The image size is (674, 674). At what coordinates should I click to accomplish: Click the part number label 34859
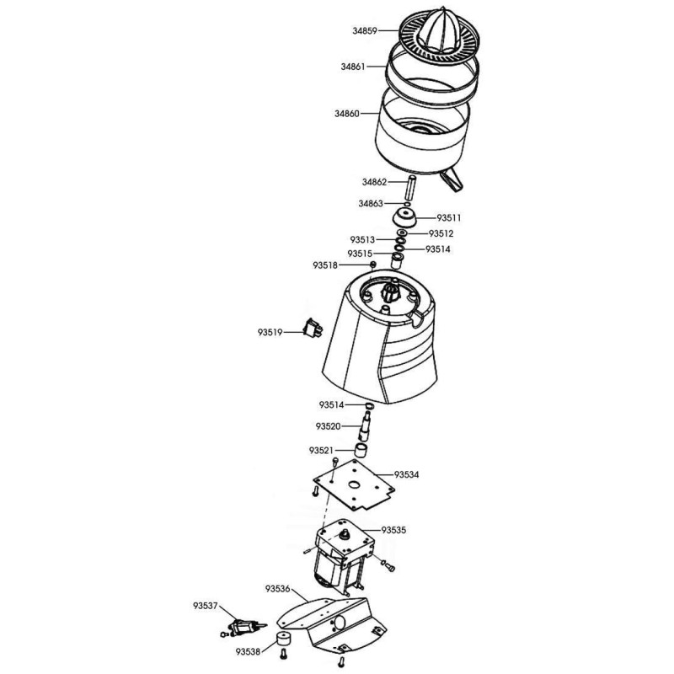point(365,31)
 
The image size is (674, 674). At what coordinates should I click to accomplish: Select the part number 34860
point(347,114)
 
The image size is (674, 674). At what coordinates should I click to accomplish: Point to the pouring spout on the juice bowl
point(452,179)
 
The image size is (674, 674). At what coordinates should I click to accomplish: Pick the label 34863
point(371,204)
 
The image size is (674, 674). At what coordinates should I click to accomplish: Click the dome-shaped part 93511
point(404,218)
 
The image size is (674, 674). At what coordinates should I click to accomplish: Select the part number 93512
point(441,233)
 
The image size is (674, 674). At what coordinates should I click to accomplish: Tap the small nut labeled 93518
point(373,264)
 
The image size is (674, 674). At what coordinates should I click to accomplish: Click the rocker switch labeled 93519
point(313,329)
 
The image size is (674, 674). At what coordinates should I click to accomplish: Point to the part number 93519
point(270,332)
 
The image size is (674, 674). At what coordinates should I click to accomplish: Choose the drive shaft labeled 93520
point(366,426)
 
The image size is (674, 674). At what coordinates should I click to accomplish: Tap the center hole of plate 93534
point(354,485)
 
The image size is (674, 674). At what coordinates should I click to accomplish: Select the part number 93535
point(393,530)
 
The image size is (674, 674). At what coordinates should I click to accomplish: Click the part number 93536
point(278,589)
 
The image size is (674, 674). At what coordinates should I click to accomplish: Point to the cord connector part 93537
point(243,628)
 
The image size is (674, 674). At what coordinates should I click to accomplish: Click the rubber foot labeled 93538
point(283,639)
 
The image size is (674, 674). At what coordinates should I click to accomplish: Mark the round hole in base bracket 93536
point(340,623)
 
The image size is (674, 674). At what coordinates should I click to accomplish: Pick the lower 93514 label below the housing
point(331,405)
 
